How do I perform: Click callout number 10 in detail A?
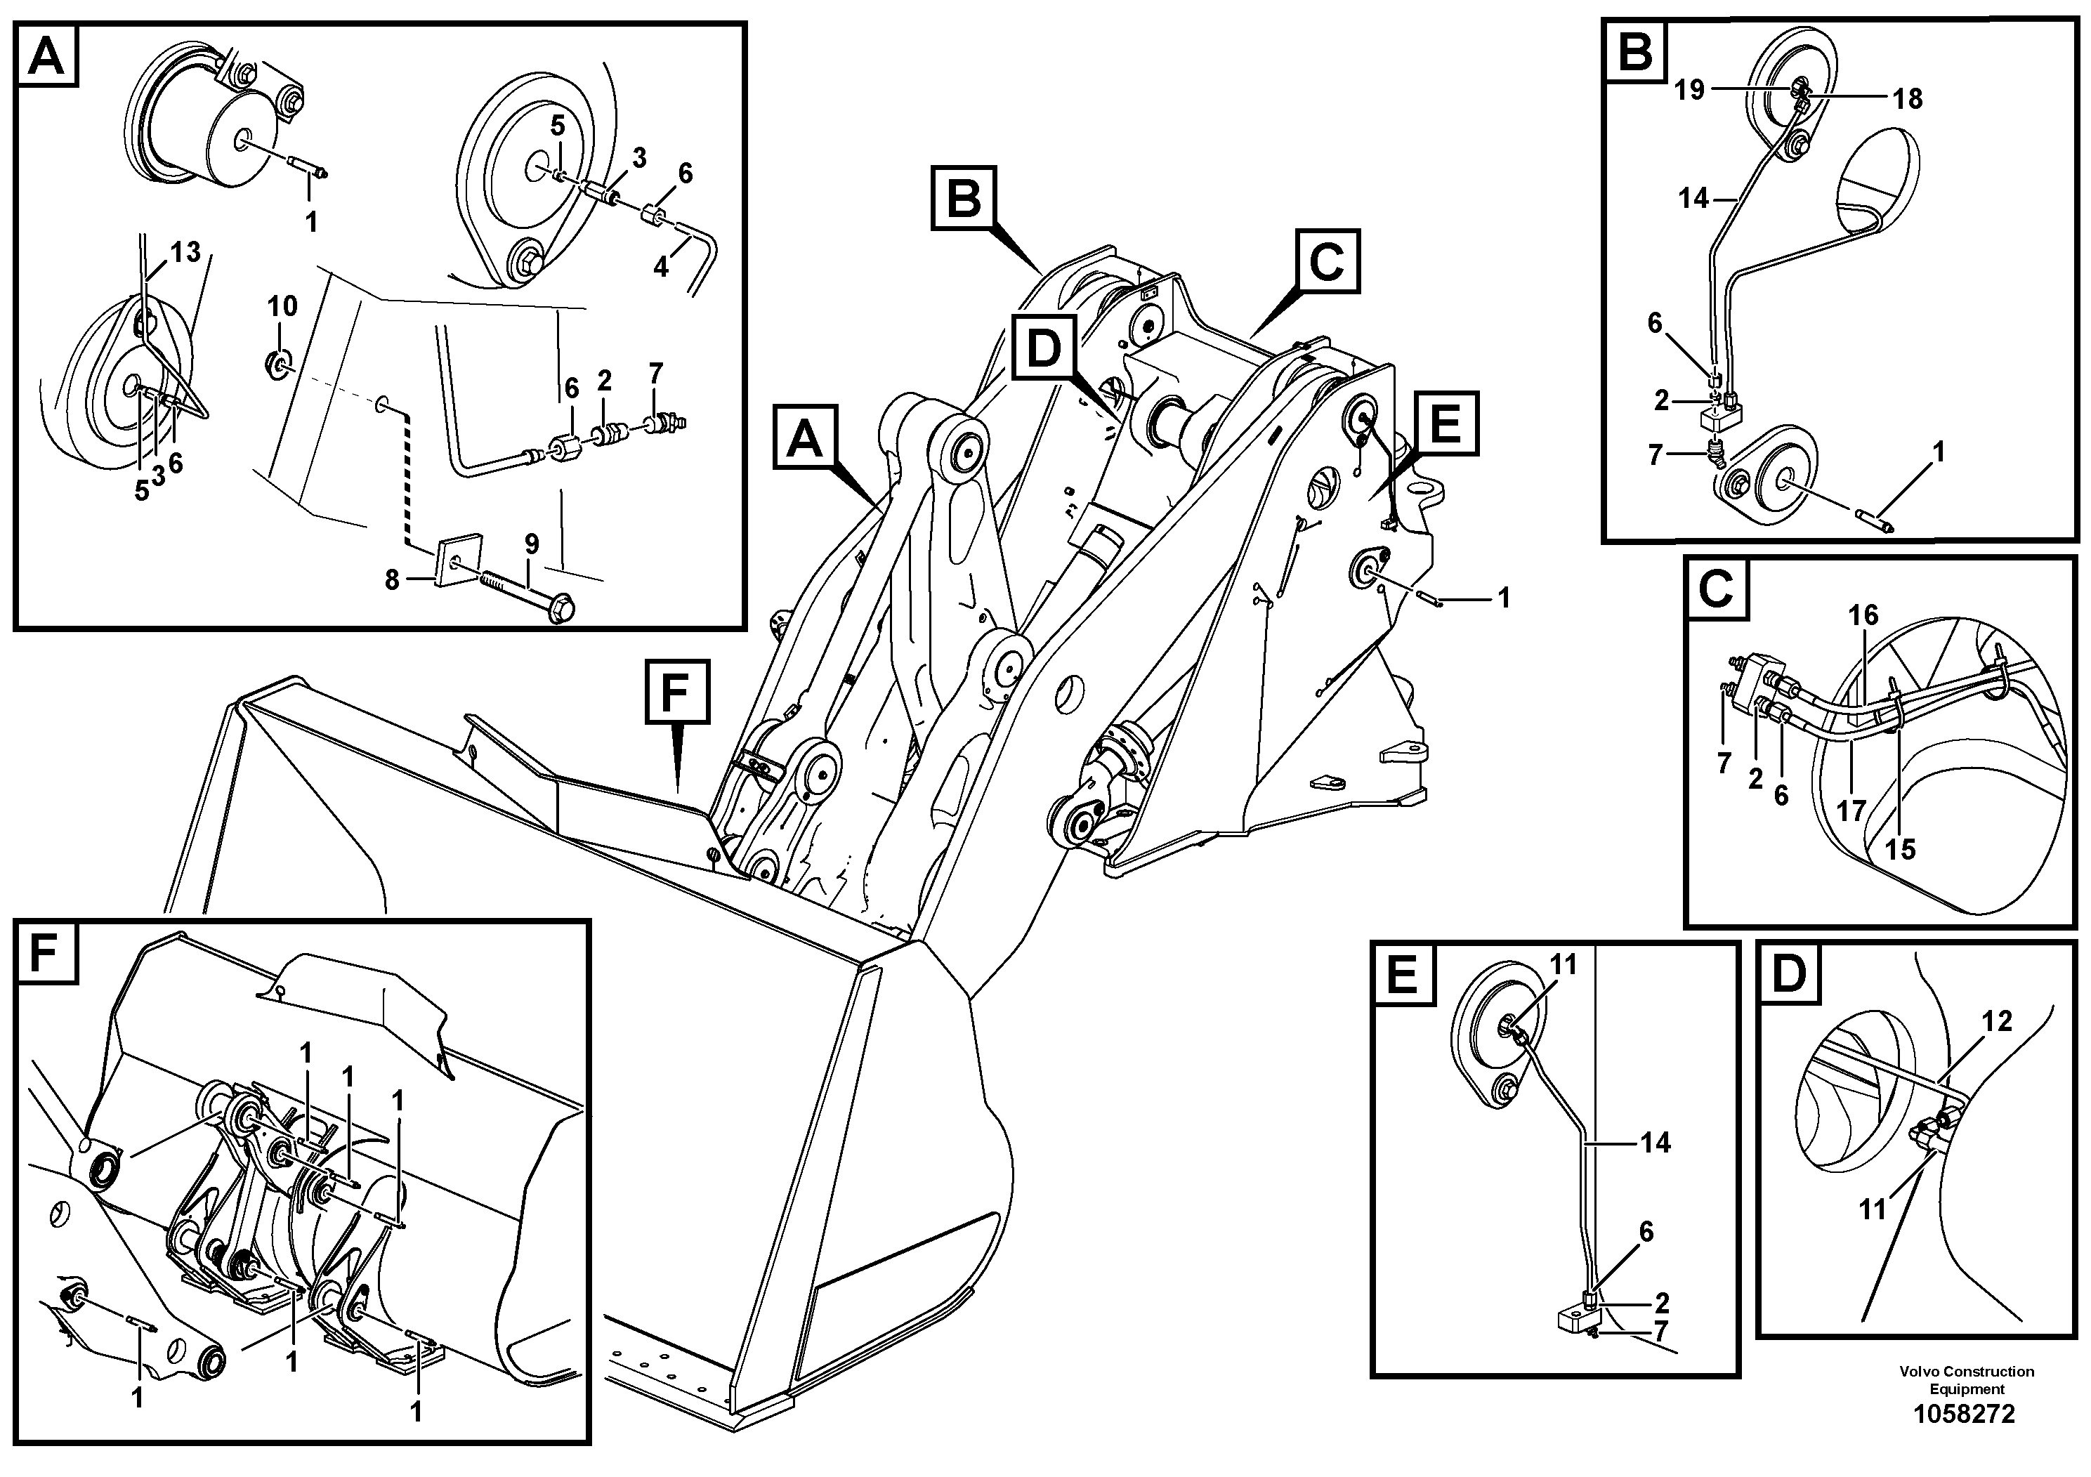click(282, 306)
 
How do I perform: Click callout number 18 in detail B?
click(1907, 98)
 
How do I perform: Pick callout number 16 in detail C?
click(1863, 615)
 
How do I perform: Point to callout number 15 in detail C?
click(1900, 848)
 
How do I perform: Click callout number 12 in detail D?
click(1996, 1022)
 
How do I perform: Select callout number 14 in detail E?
click(1656, 1142)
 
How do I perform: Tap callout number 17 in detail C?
click(1851, 810)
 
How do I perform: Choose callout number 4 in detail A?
click(660, 267)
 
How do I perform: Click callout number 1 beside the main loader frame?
click(1504, 598)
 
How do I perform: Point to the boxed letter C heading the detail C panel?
click(1716, 591)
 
